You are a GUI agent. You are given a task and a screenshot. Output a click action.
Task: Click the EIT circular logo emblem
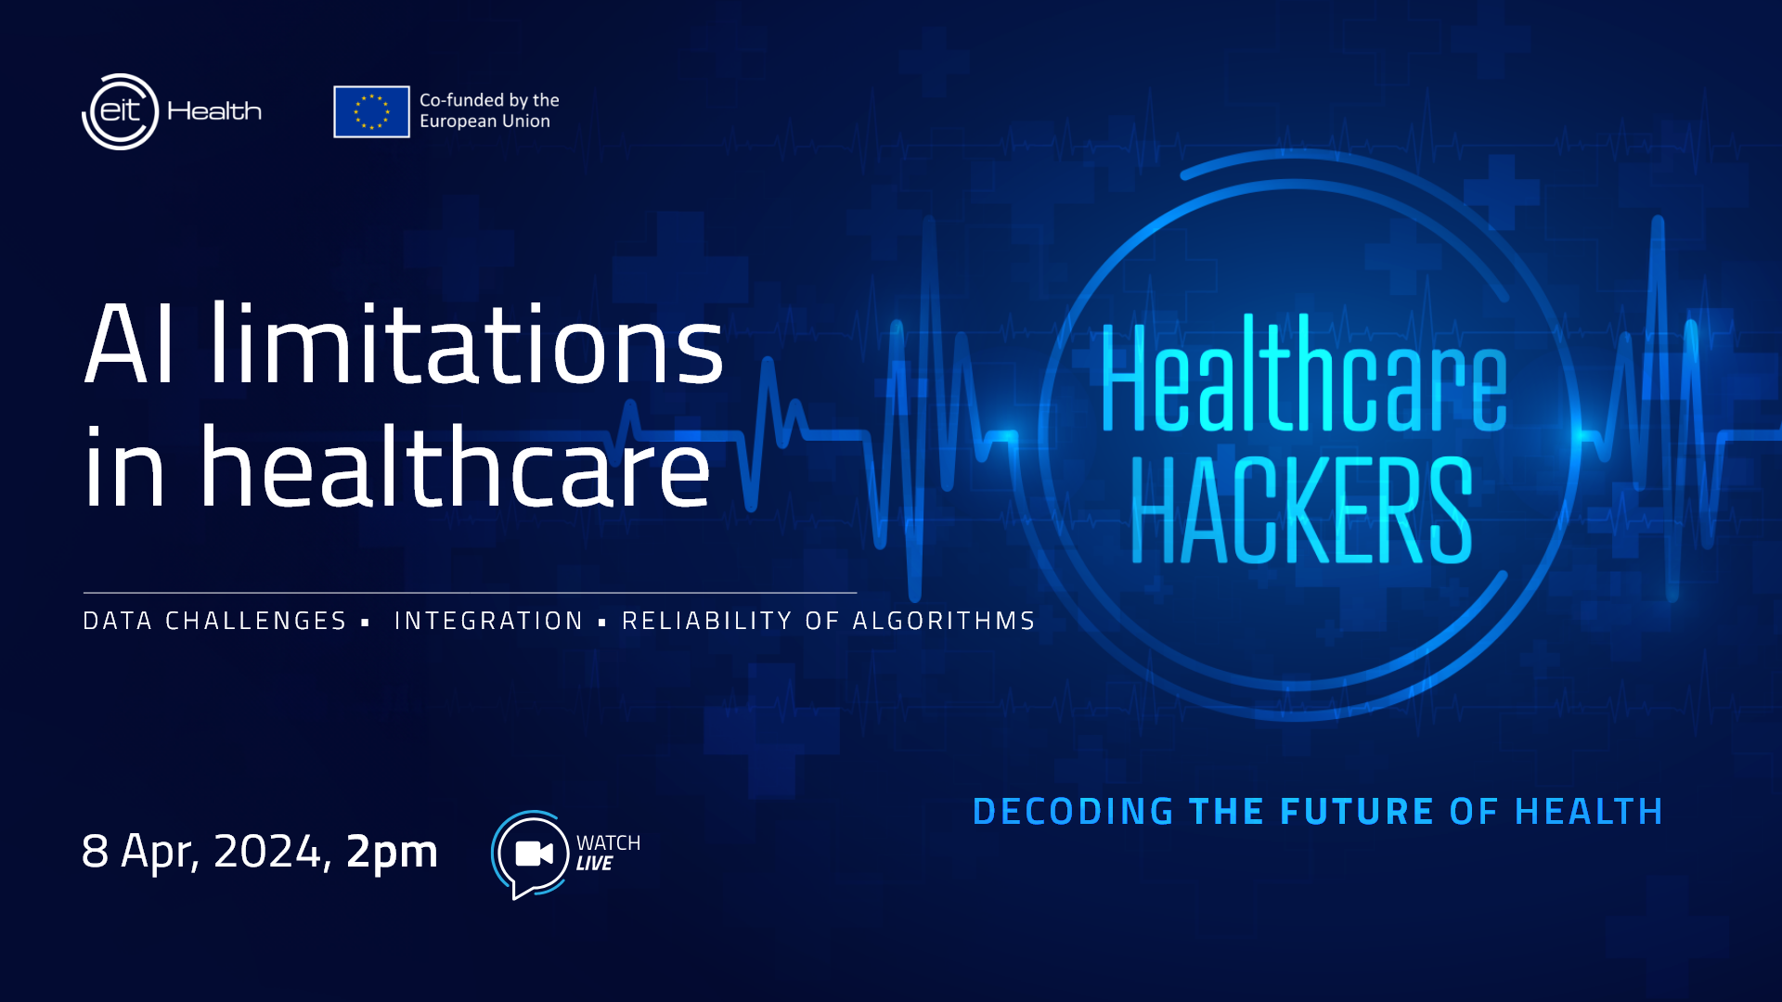pos(121,111)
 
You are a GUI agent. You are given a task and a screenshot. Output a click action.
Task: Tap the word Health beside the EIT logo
pos(214,111)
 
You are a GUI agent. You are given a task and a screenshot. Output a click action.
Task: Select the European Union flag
pos(371,111)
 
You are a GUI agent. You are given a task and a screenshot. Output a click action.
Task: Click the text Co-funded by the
pos(489,99)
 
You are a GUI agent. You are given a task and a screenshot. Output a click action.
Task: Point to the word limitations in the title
pos(466,343)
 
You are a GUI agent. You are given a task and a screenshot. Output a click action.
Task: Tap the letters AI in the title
pos(129,343)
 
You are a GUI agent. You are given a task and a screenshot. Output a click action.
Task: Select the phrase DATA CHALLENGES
pos(214,621)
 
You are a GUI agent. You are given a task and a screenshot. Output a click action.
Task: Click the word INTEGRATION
pos(488,621)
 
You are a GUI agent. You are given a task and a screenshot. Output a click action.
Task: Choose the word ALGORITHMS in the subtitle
pos(944,621)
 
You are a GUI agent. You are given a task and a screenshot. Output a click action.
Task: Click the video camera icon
pos(534,854)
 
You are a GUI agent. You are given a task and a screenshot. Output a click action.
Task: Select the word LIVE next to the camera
pos(594,864)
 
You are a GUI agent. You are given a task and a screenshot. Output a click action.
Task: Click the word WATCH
pos(608,842)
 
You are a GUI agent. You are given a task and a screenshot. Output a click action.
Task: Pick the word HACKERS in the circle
pos(1301,510)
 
